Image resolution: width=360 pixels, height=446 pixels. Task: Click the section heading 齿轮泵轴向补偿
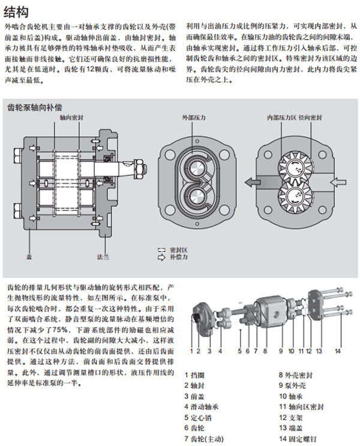[x=35, y=107]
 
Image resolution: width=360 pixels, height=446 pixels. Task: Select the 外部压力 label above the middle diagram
[x=193, y=118]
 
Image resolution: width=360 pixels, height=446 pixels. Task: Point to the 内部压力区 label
[x=281, y=118]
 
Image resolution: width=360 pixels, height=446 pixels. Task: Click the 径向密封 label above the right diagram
[x=311, y=118]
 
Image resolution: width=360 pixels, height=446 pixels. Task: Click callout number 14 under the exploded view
[x=337, y=350]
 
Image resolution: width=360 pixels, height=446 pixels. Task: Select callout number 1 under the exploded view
[x=193, y=350]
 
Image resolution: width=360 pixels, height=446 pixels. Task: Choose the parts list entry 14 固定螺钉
[x=300, y=438]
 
